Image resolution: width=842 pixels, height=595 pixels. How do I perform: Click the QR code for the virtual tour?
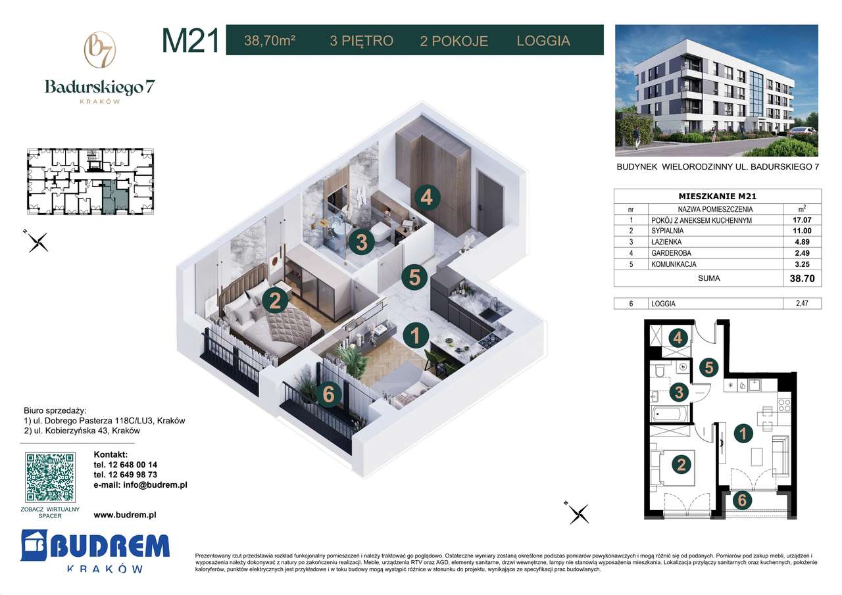pyautogui.click(x=50, y=477)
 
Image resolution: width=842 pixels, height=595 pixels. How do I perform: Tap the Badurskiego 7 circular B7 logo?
pyautogui.click(x=100, y=50)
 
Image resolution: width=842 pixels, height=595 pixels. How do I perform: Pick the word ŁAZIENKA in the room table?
pyautogui.click(x=666, y=242)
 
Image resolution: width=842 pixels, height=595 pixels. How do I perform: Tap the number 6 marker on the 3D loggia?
pyautogui.click(x=329, y=394)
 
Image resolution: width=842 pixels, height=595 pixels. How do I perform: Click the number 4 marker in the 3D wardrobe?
pyautogui.click(x=427, y=197)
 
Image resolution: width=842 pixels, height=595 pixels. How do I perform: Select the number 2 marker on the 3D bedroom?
pyautogui.click(x=276, y=300)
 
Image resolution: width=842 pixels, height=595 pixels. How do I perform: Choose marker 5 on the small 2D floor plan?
pyautogui.click(x=708, y=367)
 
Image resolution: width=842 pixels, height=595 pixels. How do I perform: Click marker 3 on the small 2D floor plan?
pyautogui.click(x=679, y=393)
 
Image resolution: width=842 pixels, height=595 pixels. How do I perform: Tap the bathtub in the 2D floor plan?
pyautogui.click(x=670, y=414)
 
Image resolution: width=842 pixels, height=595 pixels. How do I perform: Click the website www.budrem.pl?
pyautogui.click(x=125, y=515)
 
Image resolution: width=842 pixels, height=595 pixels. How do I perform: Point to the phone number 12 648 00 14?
pyautogui.click(x=126, y=464)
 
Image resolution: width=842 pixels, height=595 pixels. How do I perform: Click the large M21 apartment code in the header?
pyautogui.click(x=190, y=41)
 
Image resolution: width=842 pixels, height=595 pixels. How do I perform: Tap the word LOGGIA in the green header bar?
pyautogui.click(x=543, y=41)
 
